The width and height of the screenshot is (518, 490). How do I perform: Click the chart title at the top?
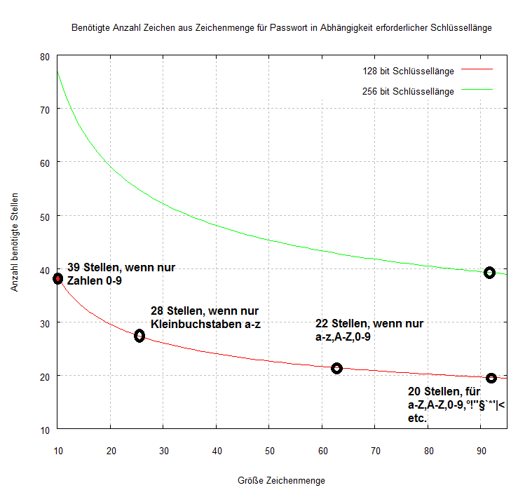pos(282,29)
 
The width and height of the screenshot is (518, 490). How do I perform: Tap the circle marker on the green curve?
pos(490,273)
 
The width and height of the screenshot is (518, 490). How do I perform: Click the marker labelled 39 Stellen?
pos(58,278)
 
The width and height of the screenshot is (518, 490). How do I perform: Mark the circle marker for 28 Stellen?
pos(139,336)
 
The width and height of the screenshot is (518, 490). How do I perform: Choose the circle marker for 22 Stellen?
pos(336,368)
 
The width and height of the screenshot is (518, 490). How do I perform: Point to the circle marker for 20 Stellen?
pos(491,379)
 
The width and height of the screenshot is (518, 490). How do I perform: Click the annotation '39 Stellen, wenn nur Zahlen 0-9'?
pos(121,273)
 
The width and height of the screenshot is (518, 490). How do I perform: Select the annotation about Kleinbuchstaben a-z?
pos(205,317)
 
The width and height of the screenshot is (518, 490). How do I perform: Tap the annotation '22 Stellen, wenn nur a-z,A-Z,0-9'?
pos(369,330)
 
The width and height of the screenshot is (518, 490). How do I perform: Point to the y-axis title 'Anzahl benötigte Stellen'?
pos(15,243)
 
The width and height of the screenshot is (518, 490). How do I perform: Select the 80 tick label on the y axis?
pos(46,56)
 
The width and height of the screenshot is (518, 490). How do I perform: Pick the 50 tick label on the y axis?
pos(46,216)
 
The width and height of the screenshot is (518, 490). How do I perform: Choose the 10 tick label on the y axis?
pos(46,429)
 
